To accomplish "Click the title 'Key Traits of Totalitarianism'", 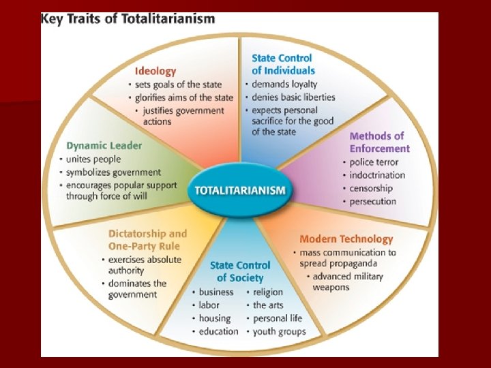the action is [128, 19].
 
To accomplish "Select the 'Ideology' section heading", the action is [155, 71].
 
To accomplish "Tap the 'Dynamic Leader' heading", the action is [104, 145].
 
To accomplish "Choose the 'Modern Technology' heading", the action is [346, 239].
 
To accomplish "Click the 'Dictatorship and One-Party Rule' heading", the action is [147, 240].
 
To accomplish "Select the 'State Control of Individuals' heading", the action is [282, 64].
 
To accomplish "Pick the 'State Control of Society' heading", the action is [240, 271].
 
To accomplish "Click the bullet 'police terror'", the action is [374, 162].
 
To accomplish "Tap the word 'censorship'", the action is [371, 188].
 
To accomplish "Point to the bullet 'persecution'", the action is [372, 201].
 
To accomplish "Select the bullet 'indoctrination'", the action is [377, 175].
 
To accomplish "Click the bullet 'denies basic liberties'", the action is [293, 97].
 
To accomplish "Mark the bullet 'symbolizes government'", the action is [113, 172].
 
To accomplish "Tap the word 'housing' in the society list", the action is [215, 318].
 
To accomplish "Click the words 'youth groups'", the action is [279, 331].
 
